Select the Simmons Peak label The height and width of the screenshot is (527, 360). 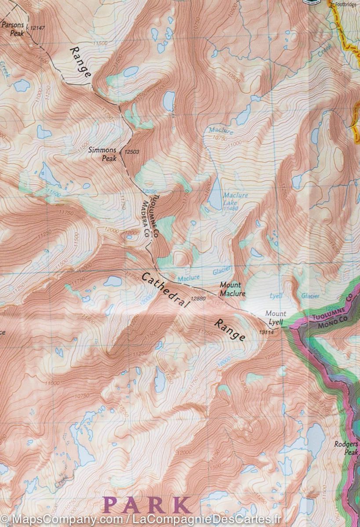[103, 154]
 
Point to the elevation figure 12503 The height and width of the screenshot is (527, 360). [132, 152]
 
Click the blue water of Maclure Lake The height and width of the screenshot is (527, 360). [215, 194]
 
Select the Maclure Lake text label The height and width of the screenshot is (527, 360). [235, 199]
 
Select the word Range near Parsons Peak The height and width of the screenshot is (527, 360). [80, 62]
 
